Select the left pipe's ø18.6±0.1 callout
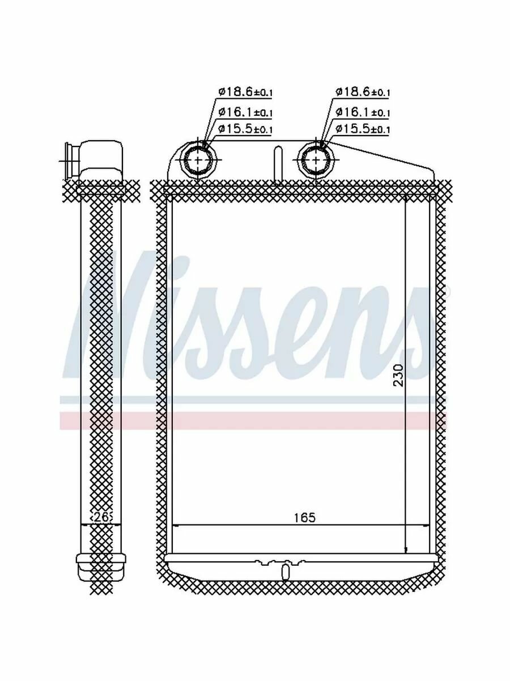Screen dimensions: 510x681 point(245,92)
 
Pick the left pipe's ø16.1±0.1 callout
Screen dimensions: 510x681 point(245,112)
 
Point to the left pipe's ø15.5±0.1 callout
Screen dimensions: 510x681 point(245,128)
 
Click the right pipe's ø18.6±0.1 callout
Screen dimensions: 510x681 point(362,92)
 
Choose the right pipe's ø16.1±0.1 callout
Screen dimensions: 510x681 point(362,112)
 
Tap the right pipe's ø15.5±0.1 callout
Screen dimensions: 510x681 point(362,128)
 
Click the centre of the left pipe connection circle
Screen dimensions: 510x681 point(198,160)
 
